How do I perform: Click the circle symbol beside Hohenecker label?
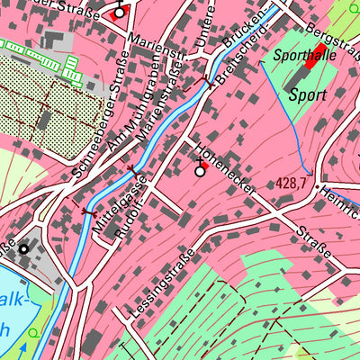[x=199, y=170]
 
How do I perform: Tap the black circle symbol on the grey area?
[x=24, y=249]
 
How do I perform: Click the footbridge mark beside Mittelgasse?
[x=89, y=212]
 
